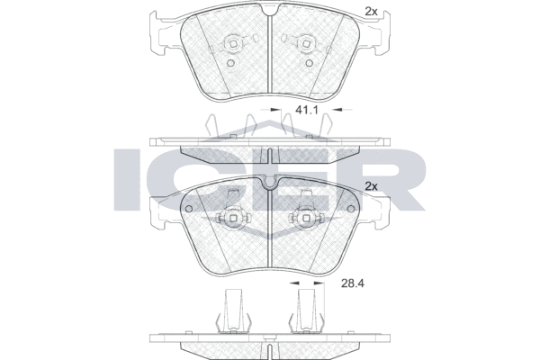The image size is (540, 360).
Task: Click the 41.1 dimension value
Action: coord(308,110)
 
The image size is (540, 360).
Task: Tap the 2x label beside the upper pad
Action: coord(370,11)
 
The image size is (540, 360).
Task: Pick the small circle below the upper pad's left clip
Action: coord(231,63)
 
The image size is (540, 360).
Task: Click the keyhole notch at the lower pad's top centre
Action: coord(270,183)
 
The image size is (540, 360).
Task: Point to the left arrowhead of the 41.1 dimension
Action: coord(276,110)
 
